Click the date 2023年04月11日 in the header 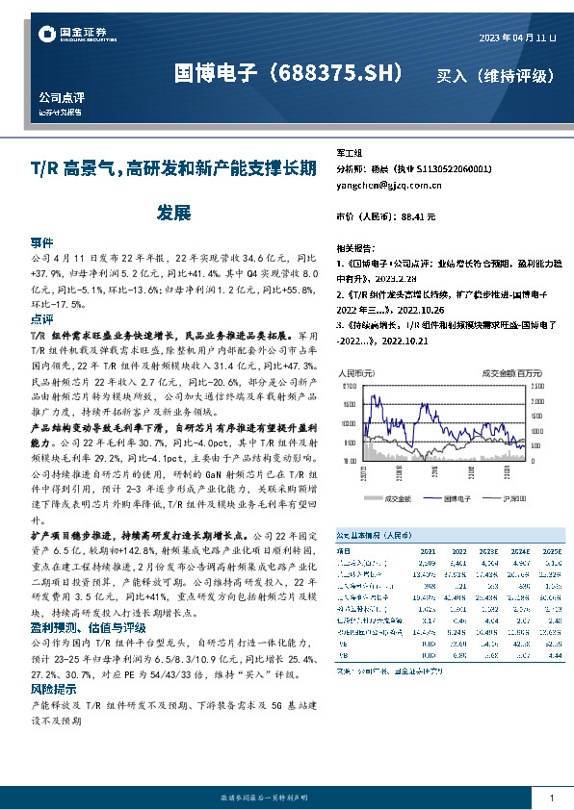pyautogui.click(x=518, y=38)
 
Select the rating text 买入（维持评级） pyautogui.click(x=496, y=75)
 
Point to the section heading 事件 pyautogui.click(x=41, y=242)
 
